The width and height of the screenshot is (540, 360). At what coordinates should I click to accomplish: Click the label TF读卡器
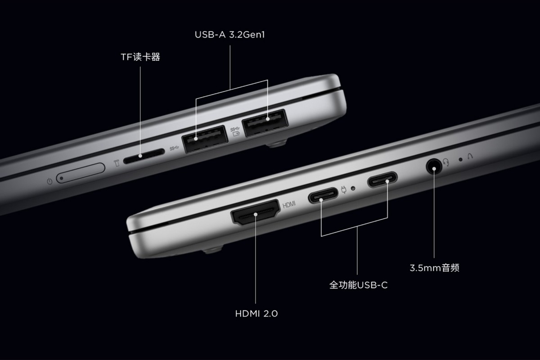(x=140, y=57)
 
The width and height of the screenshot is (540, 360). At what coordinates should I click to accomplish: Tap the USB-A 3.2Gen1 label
(x=230, y=35)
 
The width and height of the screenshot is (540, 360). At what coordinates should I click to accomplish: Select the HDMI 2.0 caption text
(x=256, y=314)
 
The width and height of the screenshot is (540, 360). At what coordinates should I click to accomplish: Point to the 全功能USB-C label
(x=359, y=285)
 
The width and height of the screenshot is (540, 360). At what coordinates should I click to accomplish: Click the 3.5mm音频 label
(x=434, y=268)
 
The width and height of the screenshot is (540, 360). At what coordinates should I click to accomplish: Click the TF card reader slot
(x=144, y=156)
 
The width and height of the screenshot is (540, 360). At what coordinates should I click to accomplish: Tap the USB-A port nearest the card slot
(x=205, y=139)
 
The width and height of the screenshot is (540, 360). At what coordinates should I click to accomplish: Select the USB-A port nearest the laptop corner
(x=265, y=123)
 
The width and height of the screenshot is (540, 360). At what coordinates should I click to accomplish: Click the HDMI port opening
(x=255, y=212)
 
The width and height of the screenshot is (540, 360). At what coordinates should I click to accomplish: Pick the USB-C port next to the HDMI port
(x=323, y=195)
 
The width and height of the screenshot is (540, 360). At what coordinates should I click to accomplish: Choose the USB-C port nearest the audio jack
(x=382, y=179)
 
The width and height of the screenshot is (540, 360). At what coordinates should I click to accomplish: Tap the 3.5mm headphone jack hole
(x=434, y=166)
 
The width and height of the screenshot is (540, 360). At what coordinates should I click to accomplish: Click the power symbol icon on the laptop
(x=49, y=181)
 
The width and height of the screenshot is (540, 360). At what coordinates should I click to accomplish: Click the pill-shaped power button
(x=81, y=173)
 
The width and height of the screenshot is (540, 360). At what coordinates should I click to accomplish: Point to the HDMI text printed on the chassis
(x=289, y=205)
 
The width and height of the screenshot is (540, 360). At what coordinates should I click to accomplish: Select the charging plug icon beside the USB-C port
(x=344, y=189)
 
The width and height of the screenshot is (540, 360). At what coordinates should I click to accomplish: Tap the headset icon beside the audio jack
(x=446, y=162)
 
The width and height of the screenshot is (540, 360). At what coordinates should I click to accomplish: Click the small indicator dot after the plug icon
(x=353, y=188)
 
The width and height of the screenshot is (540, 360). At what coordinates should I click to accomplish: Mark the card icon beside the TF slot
(x=117, y=163)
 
